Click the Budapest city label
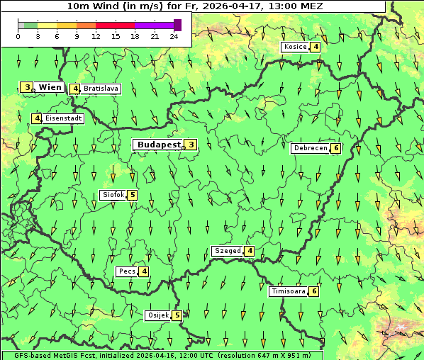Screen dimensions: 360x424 tap(158, 145)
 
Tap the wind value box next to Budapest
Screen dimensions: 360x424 tap(191, 145)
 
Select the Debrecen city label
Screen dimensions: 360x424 tap(310, 148)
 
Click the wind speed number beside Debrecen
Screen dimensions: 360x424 tap(336, 148)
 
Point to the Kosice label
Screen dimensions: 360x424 tap(294, 47)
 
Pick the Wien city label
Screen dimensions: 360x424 tap(50, 87)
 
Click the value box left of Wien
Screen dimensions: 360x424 tap(27, 87)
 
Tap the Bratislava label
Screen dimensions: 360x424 tap(100, 89)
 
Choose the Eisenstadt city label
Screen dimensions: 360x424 tap(63, 118)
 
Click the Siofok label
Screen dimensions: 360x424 tap(113, 195)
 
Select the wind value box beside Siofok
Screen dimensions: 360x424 tap(132, 195)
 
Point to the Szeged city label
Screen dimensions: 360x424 tap(227, 251)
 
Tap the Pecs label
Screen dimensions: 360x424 tap(127, 271)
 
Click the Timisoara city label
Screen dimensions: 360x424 tap(288, 291)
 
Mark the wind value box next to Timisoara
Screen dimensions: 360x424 tap(313, 291)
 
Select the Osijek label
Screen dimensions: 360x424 tap(157, 315)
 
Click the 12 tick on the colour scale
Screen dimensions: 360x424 tap(96, 36)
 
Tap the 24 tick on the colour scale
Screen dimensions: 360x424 tap(174, 36)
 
